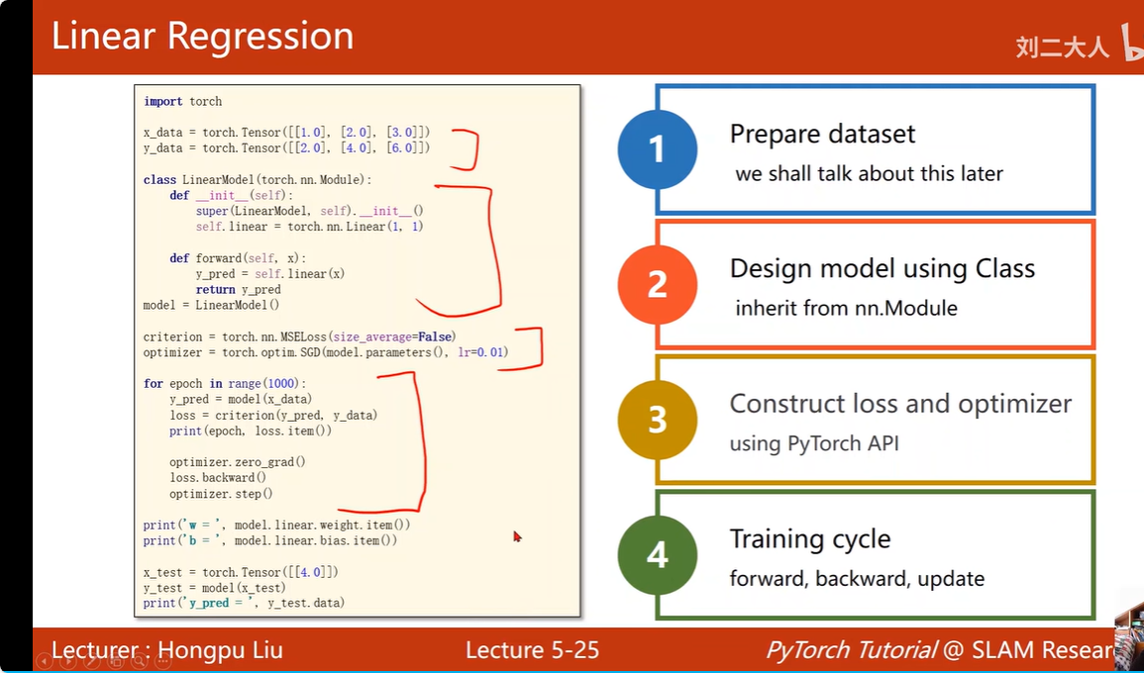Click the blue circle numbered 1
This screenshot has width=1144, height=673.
(x=657, y=149)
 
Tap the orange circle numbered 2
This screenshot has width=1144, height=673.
(x=657, y=284)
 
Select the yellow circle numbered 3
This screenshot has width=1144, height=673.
(x=657, y=420)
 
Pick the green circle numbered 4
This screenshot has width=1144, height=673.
(x=657, y=555)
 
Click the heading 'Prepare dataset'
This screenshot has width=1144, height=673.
(x=822, y=134)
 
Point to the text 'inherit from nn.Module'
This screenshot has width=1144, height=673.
(x=846, y=308)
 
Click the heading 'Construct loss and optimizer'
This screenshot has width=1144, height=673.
(x=900, y=404)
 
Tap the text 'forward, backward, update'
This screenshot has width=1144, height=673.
(x=857, y=578)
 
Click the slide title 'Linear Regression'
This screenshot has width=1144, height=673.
(x=202, y=37)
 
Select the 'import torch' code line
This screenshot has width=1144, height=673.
(x=183, y=101)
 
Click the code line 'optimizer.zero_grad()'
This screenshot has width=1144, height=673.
(x=238, y=461)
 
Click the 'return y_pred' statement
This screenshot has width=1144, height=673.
(x=238, y=289)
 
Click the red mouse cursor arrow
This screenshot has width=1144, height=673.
(x=517, y=536)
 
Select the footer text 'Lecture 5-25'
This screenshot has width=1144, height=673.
(x=532, y=650)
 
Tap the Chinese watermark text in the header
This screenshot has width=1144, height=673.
(x=1062, y=47)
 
